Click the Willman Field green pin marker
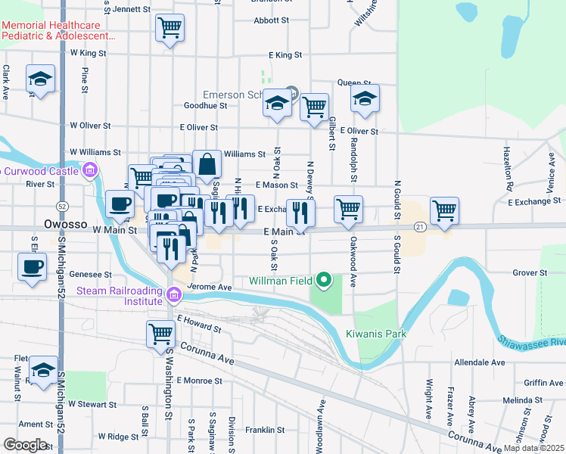coord(324,280)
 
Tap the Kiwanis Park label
coord(376,334)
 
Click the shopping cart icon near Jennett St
coord(170,28)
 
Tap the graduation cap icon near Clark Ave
coord(40,78)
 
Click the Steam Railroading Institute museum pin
coord(174,294)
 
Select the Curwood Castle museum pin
coord(90,169)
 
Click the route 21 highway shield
coord(420,227)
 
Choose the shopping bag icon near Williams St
coord(207,163)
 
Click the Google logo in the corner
coord(26,445)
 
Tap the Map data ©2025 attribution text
coord(534,448)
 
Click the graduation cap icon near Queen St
coord(365,98)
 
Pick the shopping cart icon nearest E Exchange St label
coord(444,210)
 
